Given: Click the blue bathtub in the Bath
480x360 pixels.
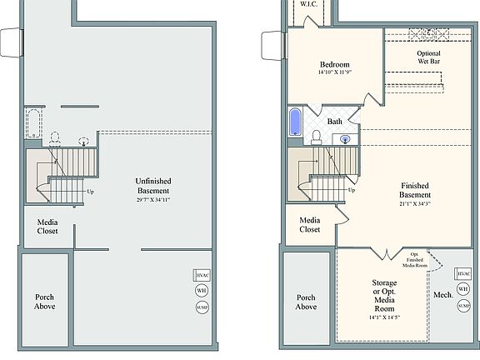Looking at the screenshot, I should pos(295,122).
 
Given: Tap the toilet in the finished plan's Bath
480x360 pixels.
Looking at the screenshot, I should pos(317,137).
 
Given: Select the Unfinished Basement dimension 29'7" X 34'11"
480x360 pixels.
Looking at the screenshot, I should pos(154,200).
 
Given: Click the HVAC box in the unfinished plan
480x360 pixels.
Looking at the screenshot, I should pos(202,275).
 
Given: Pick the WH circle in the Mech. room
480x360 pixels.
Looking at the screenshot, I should pos(463,289).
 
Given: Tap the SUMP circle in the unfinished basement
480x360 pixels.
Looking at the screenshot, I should pos(202,307).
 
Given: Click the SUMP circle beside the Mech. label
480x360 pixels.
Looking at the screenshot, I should pos(463,307).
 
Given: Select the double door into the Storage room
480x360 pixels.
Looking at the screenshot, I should pos(384,252).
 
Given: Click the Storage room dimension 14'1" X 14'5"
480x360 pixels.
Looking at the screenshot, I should pos(384,317).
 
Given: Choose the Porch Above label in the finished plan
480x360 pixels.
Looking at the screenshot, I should pos(307,302).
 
